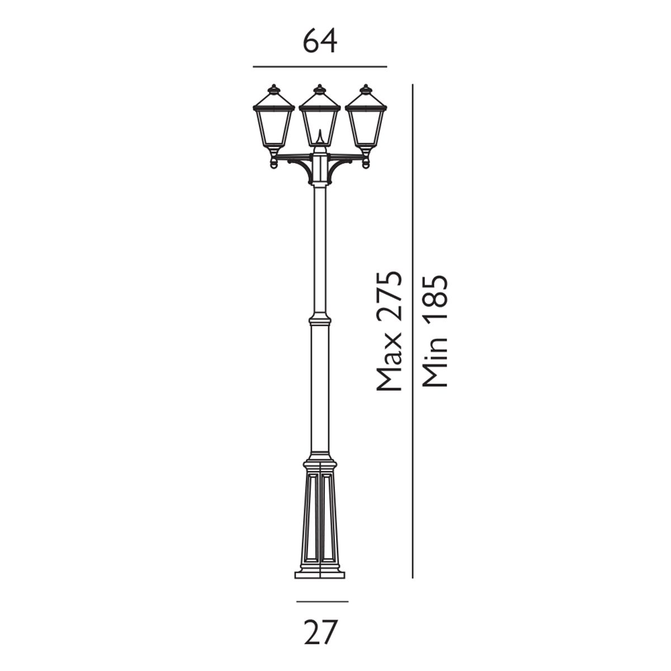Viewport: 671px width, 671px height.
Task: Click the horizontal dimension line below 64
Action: coord(320,67)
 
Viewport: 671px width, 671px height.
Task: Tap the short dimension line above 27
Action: coord(322,602)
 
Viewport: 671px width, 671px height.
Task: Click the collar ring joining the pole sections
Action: coord(319,321)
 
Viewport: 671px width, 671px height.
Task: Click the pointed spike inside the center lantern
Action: coord(319,136)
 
